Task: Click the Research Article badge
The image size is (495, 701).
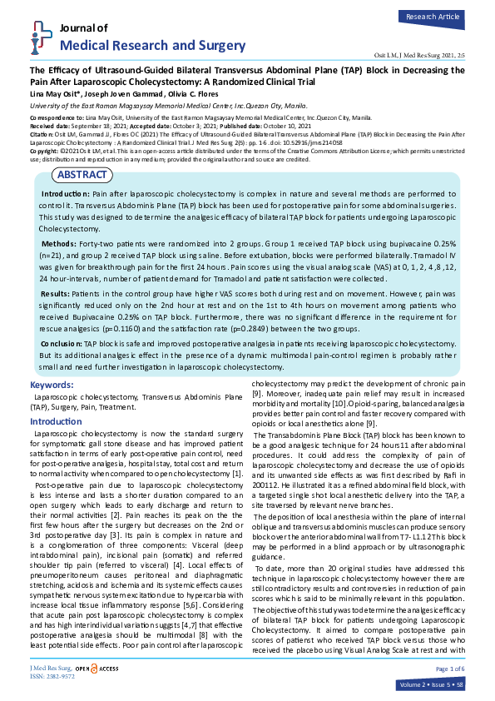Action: pyautogui.click(x=433, y=16)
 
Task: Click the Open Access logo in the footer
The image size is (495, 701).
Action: pyautogui.click(x=97, y=669)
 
